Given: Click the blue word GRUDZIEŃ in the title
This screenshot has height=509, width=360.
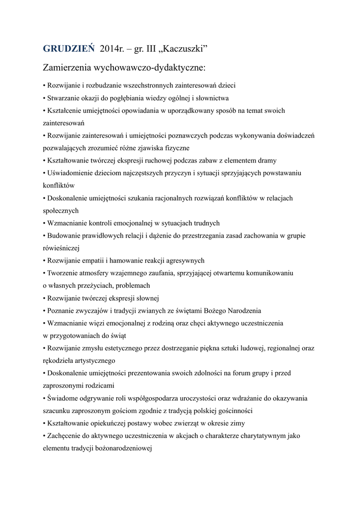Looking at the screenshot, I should coord(68,49).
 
